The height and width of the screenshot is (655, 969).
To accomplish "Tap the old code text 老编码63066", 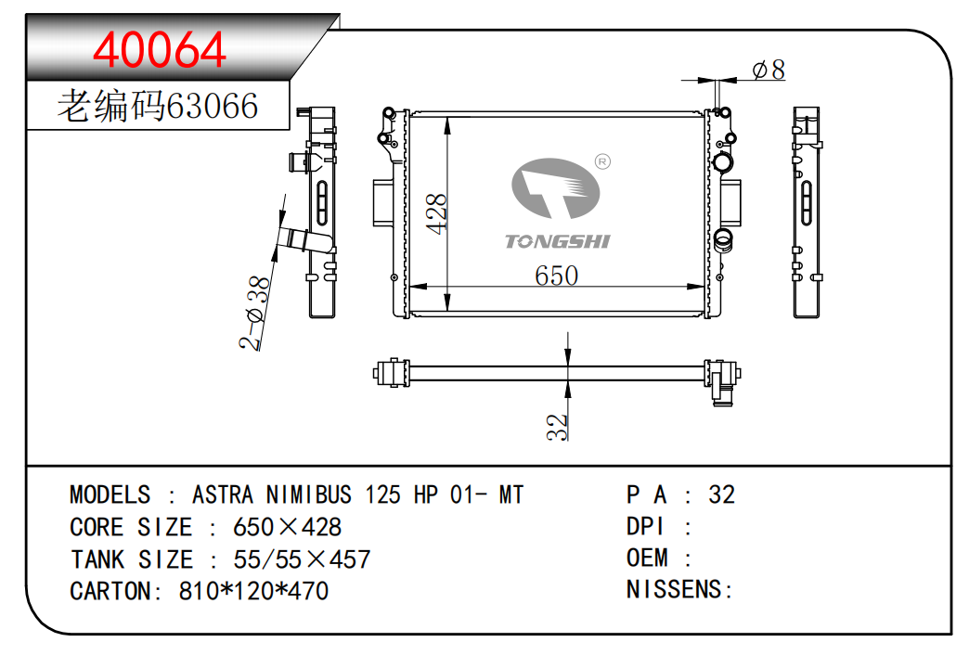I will tap(158, 107).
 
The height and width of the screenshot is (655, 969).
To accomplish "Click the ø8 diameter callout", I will tap(768, 70).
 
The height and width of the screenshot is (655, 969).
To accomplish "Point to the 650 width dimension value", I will tap(556, 276).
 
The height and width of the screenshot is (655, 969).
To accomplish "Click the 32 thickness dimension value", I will tap(556, 426).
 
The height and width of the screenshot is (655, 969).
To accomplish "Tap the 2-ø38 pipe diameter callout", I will tap(256, 314).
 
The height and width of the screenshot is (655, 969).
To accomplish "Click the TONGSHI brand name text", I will tap(557, 242).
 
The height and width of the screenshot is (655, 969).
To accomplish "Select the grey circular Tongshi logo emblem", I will tap(556, 192).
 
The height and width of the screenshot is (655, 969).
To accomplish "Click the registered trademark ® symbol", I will tap(601, 161).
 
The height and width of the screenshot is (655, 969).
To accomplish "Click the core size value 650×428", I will tap(287, 527).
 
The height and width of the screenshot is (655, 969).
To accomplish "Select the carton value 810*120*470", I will tap(253, 591).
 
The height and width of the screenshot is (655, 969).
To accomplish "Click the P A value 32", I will tap(721, 494).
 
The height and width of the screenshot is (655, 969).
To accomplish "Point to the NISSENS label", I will tap(679, 589).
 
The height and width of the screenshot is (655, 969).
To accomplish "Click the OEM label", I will tap(647, 558).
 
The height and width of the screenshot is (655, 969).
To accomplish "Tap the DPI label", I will tap(645, 526).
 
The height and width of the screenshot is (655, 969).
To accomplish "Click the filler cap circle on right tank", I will tap(723, 163).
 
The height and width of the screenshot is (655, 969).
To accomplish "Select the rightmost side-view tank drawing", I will tap(806, 212).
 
